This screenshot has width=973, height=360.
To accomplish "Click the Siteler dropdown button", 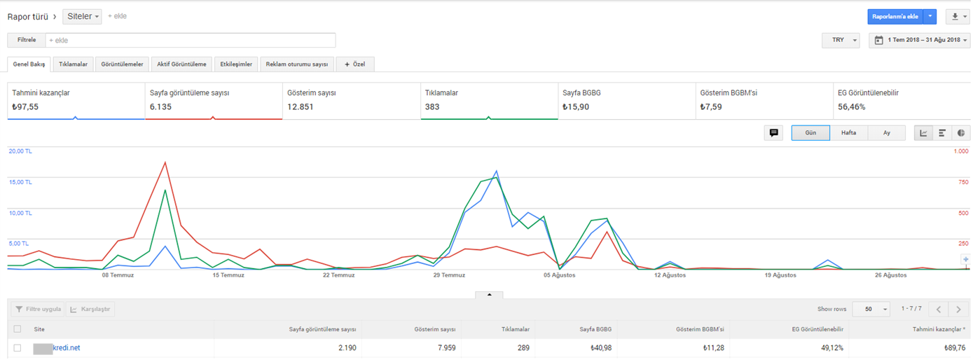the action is click(x=82, y=17).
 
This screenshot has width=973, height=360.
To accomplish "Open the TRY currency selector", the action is click(x=841, y=40).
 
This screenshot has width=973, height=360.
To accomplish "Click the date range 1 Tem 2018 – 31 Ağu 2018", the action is click(x=920, y=40).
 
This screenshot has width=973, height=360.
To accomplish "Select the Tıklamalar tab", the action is click(x=73, y=64).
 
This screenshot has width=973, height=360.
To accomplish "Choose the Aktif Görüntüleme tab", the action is click(x=181, y=64).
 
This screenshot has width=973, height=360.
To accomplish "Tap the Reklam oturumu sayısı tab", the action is click(x=297, y=64).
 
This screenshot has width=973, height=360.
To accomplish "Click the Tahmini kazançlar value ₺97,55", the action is click(x=25, y=107).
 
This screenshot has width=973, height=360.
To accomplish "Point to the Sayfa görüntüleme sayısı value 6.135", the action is click(x=160, y=107).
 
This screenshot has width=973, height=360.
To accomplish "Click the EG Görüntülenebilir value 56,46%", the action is click(x=851, y=107).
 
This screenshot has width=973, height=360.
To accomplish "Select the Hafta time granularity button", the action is click(x=848, y=133).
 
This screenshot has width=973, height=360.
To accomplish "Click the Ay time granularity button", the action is click(x=887, y=133).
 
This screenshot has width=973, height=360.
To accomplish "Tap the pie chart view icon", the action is click(x=961, y=133).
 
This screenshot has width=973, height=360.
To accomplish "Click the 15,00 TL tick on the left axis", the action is click(x=20, y=182).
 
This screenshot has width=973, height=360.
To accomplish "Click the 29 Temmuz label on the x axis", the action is click(x=449, y=275).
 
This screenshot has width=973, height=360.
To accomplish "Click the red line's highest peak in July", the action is click(x=165, y=162).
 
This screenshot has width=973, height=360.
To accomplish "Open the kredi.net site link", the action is click(x=66, y=348).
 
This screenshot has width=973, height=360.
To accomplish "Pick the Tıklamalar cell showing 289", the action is click(x=523, y=348).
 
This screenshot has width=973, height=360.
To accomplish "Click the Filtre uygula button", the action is click(x=38, y=309).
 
